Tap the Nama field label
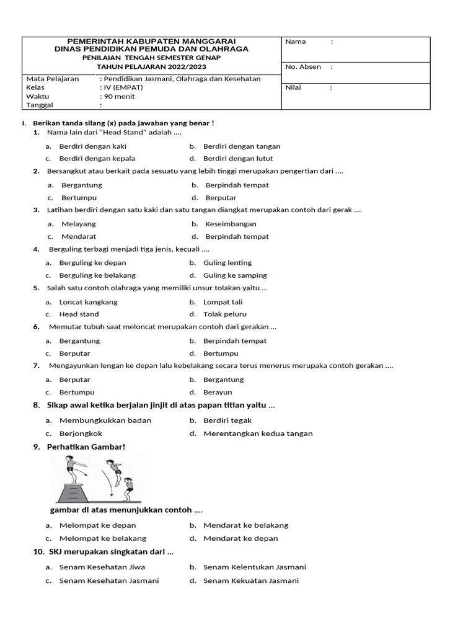296,42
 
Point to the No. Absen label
302,67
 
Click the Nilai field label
293,87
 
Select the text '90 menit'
118,96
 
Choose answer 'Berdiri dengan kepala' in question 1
97,158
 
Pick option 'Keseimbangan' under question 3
231,224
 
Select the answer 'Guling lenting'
227,262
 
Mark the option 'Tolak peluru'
226,314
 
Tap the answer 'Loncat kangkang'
88,302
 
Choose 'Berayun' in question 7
218,393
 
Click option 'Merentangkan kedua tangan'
258,433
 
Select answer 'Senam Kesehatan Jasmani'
109,580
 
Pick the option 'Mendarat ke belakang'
245,525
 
